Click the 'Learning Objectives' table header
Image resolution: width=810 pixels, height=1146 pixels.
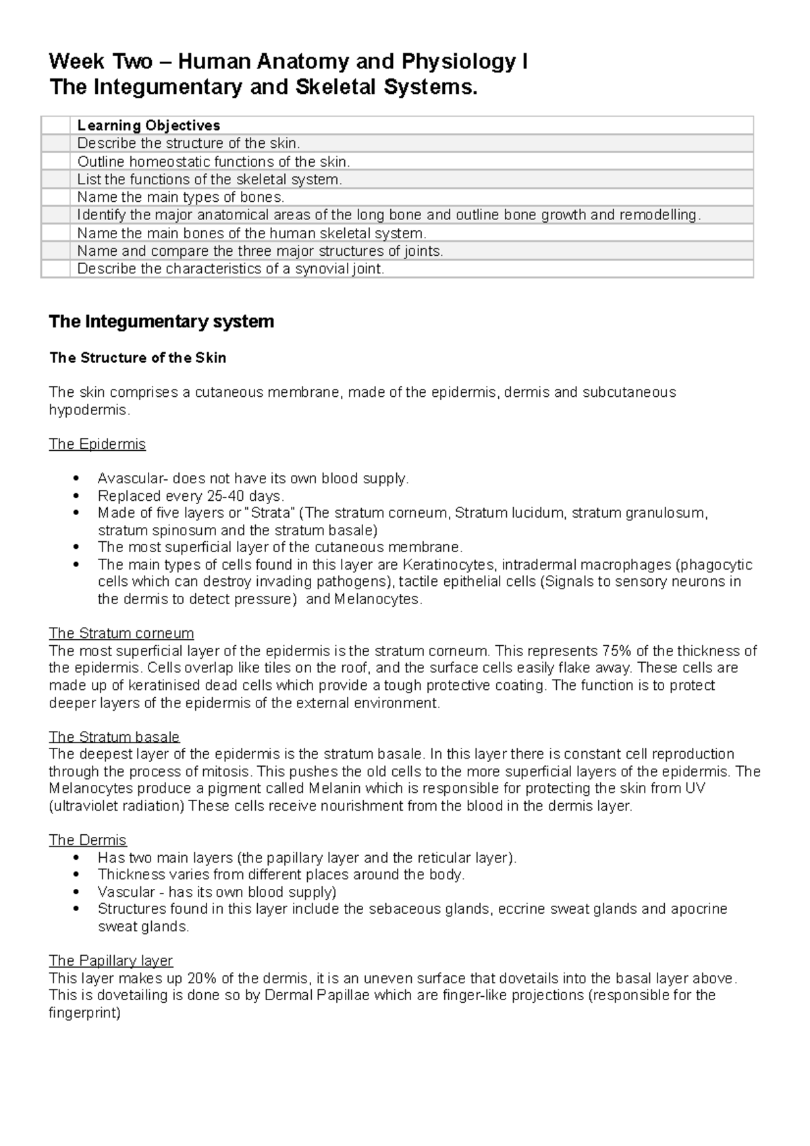click(x=148, y=126)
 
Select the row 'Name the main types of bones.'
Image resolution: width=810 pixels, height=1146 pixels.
click(x=181, y=197)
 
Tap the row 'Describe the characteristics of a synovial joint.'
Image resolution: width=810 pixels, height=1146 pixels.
click(x=230, y=269)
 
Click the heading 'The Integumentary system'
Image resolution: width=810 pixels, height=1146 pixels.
click(x=161, y=322)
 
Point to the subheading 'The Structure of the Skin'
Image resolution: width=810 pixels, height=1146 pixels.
click(x=138, y=358)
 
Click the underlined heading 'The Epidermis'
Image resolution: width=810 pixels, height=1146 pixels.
click(x=97, y=444)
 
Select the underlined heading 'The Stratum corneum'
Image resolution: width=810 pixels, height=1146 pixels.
click(x=122, y=633)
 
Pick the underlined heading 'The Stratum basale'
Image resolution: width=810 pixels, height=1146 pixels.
click(x=114, y=736)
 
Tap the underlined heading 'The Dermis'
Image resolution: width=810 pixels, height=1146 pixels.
click(x=88, y=840)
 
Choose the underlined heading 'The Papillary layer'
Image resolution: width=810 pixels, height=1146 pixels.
click(x=111, y=960)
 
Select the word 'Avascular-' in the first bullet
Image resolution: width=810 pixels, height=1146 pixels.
click(x=133, y=479)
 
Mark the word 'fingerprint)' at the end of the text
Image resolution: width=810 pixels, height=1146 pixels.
click(x=84, y=1013)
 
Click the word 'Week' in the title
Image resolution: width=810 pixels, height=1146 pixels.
click(x=76, y=62)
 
